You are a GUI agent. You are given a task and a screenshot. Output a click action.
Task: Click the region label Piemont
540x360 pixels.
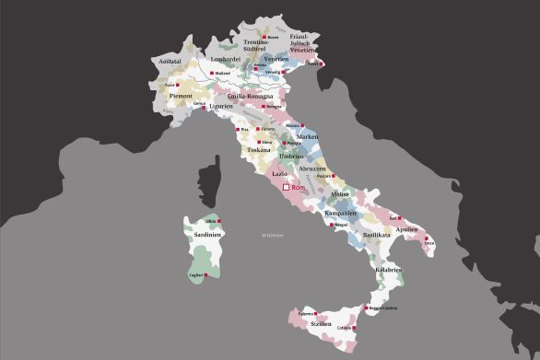point(180,96)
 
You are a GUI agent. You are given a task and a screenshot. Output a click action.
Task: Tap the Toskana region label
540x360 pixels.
point(258,149)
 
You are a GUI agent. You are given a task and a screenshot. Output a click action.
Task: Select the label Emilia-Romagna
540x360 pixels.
point(250,96)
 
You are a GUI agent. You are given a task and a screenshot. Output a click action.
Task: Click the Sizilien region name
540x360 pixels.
point(321,324)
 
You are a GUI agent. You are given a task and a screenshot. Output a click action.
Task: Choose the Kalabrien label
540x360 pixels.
point(388,270)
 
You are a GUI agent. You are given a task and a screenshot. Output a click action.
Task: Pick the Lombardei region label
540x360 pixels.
point(226,59)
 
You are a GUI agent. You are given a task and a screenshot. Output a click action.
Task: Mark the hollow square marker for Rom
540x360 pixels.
point(286,187)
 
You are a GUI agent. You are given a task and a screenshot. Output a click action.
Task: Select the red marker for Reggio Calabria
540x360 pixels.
point(367,308)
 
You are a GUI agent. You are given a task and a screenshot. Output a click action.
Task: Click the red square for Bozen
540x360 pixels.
point(264,37)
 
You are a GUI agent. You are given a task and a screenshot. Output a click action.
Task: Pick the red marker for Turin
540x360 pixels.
point(178,84)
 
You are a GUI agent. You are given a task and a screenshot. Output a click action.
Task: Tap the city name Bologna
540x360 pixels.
point(273,106)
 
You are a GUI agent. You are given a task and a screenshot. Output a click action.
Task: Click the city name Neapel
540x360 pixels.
point(340,224)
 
